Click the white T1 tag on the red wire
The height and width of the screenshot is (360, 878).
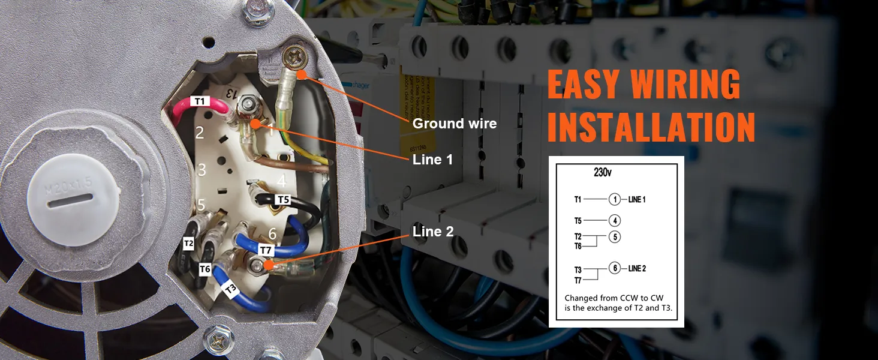coord(200,101)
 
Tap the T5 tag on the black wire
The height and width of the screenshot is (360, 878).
coord(282,199)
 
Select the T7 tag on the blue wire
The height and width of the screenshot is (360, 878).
coord(266,248)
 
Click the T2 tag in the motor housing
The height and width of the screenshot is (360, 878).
coord(189,243)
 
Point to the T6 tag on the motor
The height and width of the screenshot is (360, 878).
coord(205,269)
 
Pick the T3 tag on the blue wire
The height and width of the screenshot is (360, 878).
coord(231,289)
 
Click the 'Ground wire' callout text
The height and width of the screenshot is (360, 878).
coord(455,124)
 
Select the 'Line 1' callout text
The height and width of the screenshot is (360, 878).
coord(432,160)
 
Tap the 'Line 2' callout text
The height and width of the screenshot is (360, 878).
coord(433,232)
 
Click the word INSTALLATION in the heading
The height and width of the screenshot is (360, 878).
coord(651,127)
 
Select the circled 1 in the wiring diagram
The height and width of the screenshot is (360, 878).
coord(615,200)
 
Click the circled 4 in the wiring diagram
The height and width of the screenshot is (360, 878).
coord(615,221)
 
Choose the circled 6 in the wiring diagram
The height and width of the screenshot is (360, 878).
coord(615,268)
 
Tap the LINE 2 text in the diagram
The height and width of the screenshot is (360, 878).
coord(637,268)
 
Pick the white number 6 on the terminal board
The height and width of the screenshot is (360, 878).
coord(272,234)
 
